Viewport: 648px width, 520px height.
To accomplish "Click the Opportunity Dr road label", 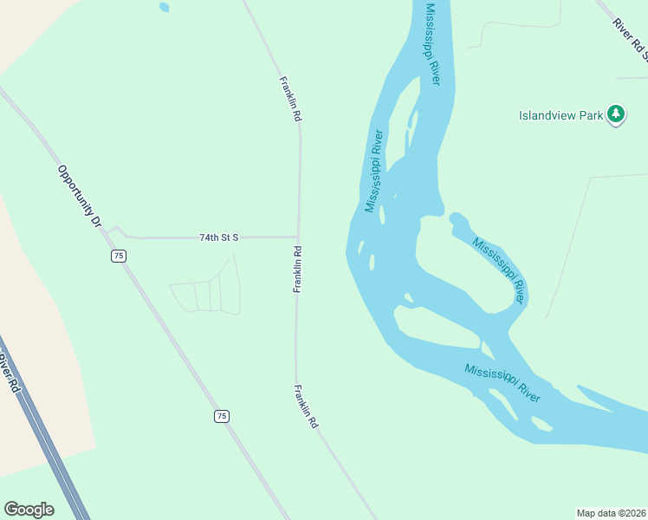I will click(x=80, y=196).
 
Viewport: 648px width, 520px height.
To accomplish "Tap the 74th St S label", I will click(x=218, y=237).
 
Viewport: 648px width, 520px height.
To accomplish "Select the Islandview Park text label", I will click(x=561, y=114).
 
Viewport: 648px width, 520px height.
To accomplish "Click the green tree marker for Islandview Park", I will click(x=616, y=114).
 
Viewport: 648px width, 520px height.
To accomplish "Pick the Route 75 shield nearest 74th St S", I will click(x=119, y=255).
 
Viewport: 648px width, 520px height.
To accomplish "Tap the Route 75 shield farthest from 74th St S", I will click(x=222, y=417).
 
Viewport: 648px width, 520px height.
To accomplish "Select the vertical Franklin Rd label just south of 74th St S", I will click(x=297, y=270).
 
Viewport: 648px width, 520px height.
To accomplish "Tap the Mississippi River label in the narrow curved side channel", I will click(x=499, y=268).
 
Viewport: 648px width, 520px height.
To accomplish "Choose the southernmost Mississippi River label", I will click(x=502, y=382).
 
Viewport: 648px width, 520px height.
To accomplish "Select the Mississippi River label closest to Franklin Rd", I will click(x=374, y=171).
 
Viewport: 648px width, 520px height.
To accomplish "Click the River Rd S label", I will click(x=630, y=39).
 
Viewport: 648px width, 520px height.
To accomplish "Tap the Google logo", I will click(x=29, y=510).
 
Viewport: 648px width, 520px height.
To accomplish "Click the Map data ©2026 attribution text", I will click(x=611, y=512).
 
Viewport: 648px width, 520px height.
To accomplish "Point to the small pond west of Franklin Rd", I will click(x=164, y=7).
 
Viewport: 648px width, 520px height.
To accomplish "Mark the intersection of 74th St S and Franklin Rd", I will click(x=299, y=237).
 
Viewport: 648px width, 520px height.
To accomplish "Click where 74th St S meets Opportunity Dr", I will click(x=107, y=231).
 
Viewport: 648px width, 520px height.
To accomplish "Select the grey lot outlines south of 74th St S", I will click(x=206, y=296).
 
